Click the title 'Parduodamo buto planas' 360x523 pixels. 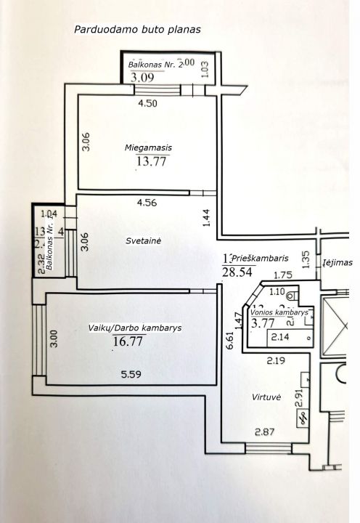click(137, 30)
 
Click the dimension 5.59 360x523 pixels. click(131, 376)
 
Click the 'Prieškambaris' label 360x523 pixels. click(261, 258)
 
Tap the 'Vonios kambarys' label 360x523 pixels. click(279, 312)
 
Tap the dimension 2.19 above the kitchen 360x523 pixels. click(274, 360)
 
